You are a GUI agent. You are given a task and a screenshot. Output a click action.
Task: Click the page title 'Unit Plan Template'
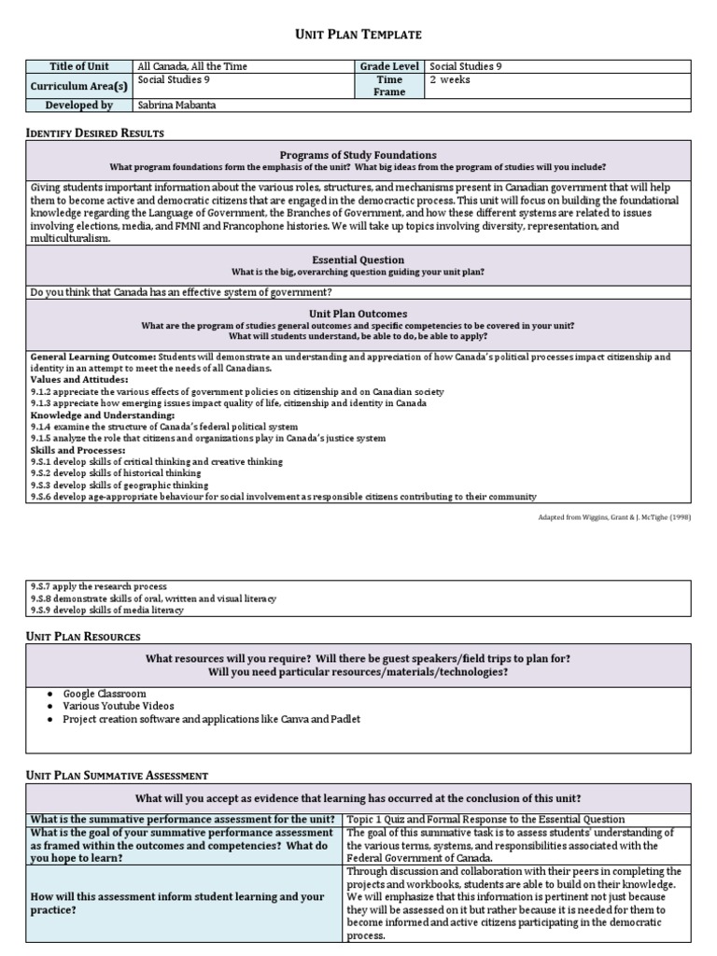point(358,35)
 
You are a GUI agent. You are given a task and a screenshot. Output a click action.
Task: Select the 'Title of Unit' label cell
point(78,66)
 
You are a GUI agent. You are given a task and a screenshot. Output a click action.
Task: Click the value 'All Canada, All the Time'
point(192,66)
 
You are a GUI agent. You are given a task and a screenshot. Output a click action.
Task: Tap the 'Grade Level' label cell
point(390,66)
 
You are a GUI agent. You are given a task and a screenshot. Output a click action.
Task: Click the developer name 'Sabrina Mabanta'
point(177,105)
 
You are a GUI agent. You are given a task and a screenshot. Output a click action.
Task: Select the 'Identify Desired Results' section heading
point(94,134)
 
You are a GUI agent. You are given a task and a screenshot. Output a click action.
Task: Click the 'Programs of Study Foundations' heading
point(358,154)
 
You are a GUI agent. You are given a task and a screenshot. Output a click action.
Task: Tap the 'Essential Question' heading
point(358,260)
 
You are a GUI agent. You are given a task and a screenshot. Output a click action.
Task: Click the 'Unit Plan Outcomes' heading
point(358,314)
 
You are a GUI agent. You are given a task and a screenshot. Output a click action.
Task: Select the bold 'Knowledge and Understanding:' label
point(90,415)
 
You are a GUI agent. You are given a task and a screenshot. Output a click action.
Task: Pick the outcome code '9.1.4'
point(41,427)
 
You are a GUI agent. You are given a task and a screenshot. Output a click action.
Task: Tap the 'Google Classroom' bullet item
point(104,694)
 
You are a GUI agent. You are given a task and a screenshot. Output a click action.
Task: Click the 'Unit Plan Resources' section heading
point(82,636)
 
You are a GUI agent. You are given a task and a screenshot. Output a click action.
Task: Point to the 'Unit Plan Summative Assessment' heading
point(116,775)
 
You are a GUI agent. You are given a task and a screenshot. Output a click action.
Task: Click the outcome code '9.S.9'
point(41,610)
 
